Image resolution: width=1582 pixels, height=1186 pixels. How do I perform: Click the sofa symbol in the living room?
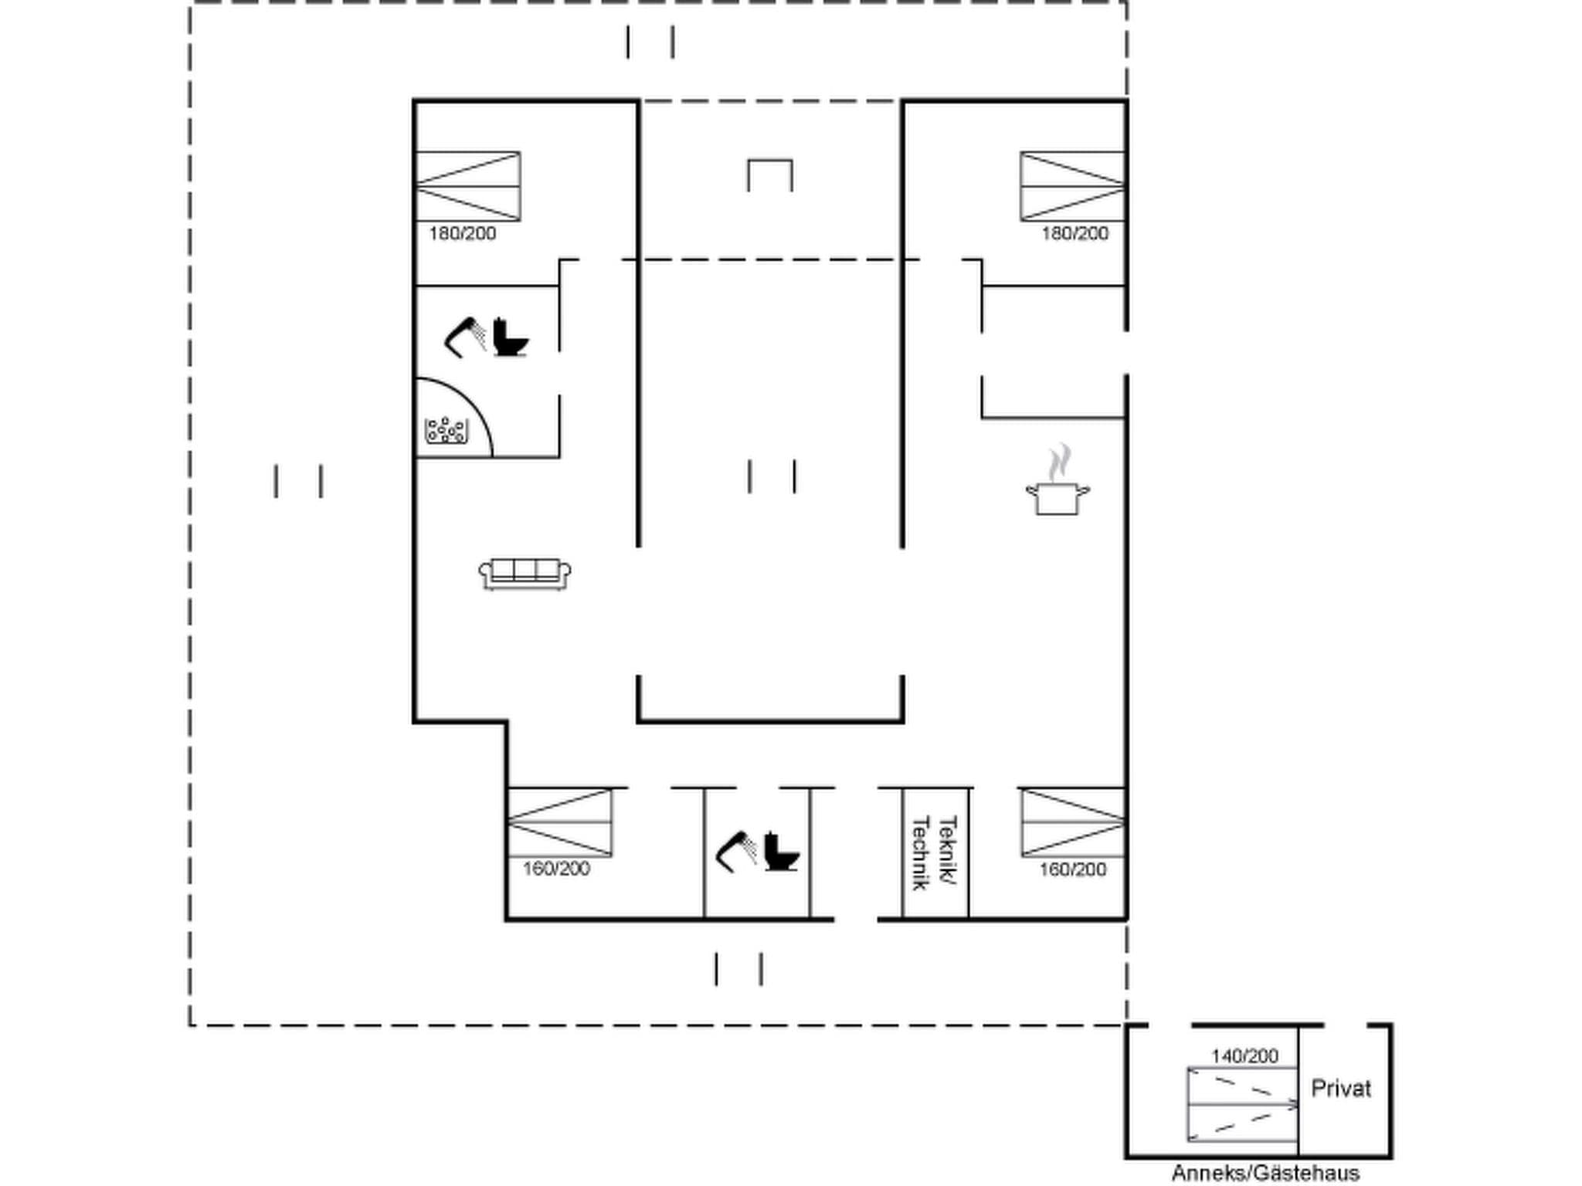525,574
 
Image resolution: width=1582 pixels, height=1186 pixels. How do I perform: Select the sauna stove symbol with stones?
446,430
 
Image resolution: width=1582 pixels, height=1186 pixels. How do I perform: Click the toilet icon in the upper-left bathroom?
510,337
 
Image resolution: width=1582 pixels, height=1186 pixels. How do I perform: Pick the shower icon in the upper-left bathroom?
464,337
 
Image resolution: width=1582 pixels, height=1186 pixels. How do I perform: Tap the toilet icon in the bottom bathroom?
781,852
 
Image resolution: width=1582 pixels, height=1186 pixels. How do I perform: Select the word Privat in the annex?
1341,1089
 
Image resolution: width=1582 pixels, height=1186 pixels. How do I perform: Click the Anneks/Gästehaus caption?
1265,1173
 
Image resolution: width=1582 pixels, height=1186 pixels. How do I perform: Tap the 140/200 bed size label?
1244,1056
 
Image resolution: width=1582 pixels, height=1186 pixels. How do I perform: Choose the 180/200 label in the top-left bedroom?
463,233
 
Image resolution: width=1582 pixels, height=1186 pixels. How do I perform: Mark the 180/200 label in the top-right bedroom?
1074,233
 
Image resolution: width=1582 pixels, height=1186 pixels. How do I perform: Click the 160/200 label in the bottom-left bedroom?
556,869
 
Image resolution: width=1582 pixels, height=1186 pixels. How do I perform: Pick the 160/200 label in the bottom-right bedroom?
1072,869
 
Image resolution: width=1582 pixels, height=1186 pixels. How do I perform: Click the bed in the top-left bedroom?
468,186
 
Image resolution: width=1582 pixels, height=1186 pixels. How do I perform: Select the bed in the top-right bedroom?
1072,186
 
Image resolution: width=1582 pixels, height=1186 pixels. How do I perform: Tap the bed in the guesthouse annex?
1243,1105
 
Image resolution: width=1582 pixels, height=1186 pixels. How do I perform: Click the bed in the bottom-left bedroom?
559,822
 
